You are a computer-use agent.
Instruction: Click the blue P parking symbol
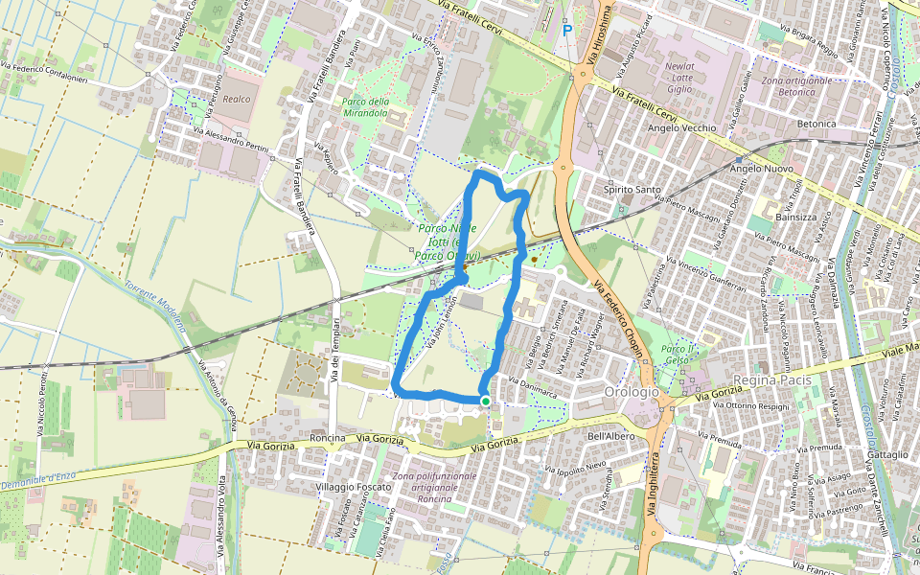pyautogui.click(x=567, y=31)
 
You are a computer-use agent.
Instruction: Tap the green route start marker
pyautogui.click(x=486, y=402)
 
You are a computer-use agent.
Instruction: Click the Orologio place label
pyautogui.click(x=632, y=392)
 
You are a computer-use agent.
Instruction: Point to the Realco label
pyautogui.click(x=237, y=99)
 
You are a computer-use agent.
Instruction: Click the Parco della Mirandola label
pyautogui.click(x=365, y=106)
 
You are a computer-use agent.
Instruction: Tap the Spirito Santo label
pyautogui.click(x=632, y=190)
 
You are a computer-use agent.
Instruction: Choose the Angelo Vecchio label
pyautogui.click(x=682, y=127)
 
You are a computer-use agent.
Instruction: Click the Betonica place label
pyautogui.click(x=816, y=125)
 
